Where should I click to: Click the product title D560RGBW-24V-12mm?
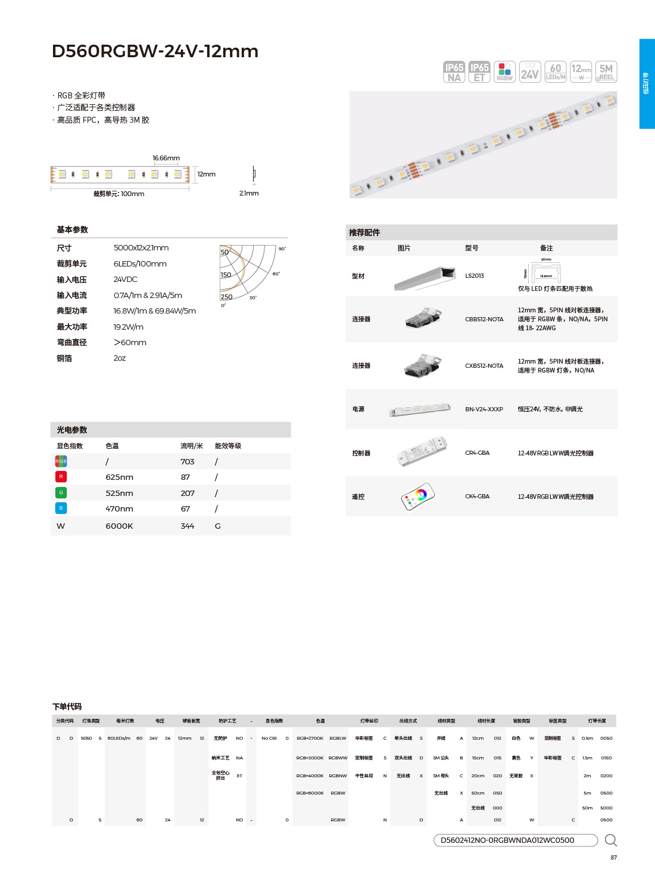(155, 51)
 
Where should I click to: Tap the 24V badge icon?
(530, 72)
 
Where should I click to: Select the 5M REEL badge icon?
(606, 72)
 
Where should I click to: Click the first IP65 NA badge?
(454, 72)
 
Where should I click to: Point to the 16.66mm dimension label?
(166, 159)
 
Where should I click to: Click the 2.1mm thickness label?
(249, 193)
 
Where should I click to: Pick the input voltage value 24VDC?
(126, 280)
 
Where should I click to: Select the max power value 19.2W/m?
(129, 327)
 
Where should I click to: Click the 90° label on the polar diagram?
(282, 249)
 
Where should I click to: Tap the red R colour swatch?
(61, 477)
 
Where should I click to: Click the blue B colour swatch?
(61, 508)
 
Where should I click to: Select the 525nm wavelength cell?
(119, 493)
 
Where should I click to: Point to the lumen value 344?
(188, 526)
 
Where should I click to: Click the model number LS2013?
(475, 276)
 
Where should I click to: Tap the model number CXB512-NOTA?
(484, 366)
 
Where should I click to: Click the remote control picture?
(418, 496)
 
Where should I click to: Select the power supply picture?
(420, 410)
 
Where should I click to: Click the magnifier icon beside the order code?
(610, 840)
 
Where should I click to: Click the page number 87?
(614, 858)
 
